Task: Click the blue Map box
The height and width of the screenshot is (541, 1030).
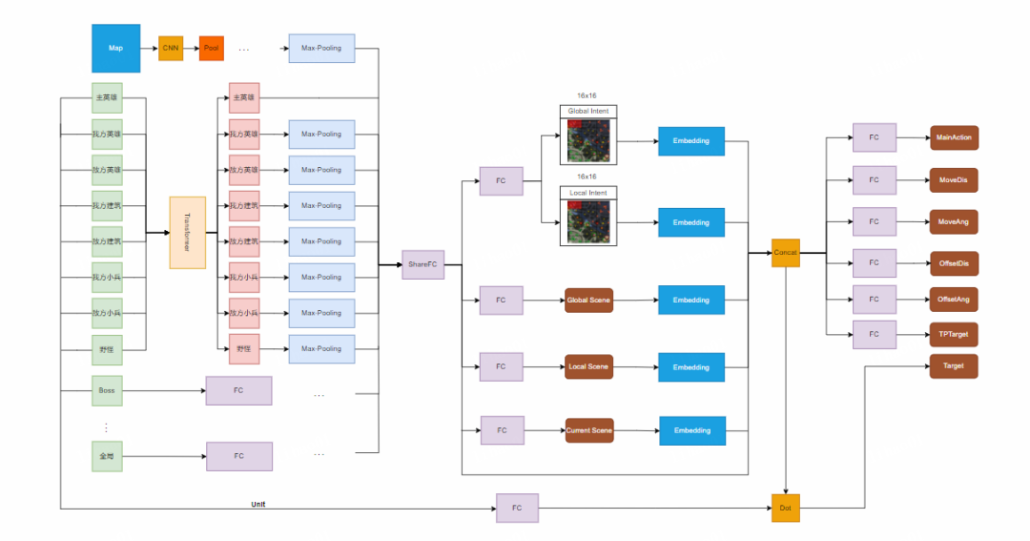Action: click(x=115, y=48)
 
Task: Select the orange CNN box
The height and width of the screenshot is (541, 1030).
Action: click(x=171, y=48)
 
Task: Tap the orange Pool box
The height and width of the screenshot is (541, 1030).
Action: click(x=212, y=48)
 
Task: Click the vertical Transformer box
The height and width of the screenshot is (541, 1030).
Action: click(x=187, y=233)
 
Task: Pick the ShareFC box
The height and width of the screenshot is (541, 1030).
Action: click(x=423, y=264)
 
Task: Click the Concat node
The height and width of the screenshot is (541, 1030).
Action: click(x=786, y=253)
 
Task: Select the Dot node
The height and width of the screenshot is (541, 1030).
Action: click(x=786, y=508)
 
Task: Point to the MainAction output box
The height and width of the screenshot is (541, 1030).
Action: click(x=954, y=137)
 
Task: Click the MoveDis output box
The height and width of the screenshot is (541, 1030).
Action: click(x=954, y=179)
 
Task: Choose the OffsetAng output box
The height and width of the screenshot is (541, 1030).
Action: click(x=954, y=299)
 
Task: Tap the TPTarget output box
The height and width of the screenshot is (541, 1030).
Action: click(x=954, y=335)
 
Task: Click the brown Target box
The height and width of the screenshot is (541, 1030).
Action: click(x=954, y=365)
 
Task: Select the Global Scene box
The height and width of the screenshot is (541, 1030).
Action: click(x=588, y=301)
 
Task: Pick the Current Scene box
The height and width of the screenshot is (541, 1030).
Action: click(x=588, y=430)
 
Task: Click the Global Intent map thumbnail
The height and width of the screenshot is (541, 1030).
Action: click(x=588, y=139)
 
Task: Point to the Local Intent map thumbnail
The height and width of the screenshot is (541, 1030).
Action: click(x=588, y=220)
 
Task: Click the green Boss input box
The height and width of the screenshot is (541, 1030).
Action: click(x=106, y=389)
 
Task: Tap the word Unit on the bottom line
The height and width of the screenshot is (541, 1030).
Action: click(x=258, y=503)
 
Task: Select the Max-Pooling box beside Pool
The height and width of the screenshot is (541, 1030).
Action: click(x=321, y=48)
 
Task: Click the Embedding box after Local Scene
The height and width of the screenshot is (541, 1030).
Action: click(x=691, y=367)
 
